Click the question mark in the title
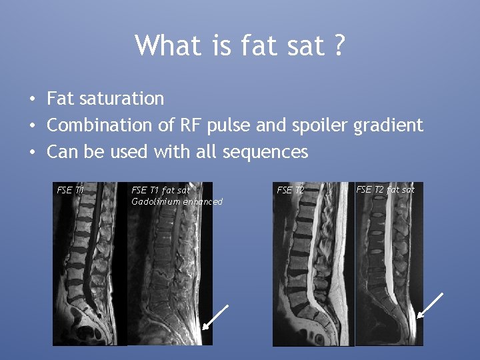[339, 45]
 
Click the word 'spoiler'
[319, 125]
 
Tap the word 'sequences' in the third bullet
[266, 152]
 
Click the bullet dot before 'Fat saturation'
[32, 99]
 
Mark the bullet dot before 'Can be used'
[32, 153]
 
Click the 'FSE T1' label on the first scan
[71, 190]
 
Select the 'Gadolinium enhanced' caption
[177, 201]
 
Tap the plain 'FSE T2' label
[290, 190]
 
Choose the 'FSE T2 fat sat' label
[385, 189]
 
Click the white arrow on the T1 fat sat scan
[215, 317]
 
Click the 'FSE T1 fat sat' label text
[161, 190]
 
